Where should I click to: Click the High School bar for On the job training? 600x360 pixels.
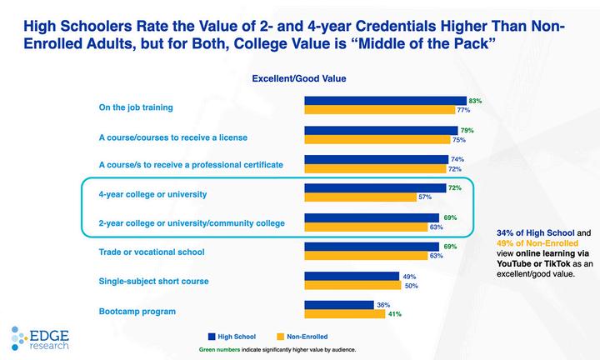click(385, 101)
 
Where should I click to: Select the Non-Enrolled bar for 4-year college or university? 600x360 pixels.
click(360, 197)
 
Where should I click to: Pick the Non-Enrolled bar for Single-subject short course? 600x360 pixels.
click(353, 285)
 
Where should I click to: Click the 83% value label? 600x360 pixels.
click(476, 101)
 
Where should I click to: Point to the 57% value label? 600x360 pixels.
click(424, 197)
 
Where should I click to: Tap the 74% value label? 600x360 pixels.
click(457, 159)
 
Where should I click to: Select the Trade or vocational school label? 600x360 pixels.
click(152, 252)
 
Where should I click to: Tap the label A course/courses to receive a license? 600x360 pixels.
click(172, 136)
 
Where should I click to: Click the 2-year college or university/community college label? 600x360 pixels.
click(192, 222)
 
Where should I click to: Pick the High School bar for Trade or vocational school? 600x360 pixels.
click(371, 247)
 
